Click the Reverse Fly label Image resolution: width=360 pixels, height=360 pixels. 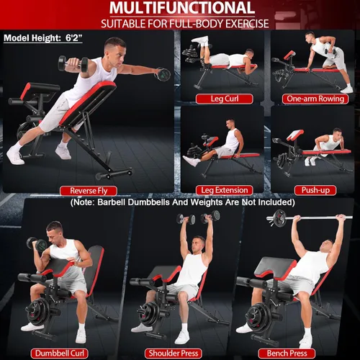pos(89,191)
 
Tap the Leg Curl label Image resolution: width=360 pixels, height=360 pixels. pos(225,99)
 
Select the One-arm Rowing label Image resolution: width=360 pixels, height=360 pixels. pos(315,99)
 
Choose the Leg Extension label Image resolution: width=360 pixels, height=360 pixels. pos(225,190)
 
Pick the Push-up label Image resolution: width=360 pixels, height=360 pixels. pos(315,190)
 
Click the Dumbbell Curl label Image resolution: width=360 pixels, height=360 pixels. pos(60,354)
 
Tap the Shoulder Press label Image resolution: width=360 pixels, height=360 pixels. pos(174,354)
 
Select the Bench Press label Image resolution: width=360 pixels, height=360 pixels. pos(287,354)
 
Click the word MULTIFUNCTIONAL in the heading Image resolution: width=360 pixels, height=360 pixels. pos(182,8)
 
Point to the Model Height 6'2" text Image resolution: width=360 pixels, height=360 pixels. pos(43,38)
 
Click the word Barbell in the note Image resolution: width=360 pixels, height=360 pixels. pos(111,202)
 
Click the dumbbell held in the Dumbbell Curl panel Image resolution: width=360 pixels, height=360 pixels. pos(37,244)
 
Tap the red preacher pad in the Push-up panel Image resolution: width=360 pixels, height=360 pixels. pos(295,135)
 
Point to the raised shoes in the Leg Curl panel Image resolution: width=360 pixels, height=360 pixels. pos(200,41)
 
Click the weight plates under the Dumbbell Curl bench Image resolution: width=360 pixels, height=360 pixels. pos(39,312)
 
